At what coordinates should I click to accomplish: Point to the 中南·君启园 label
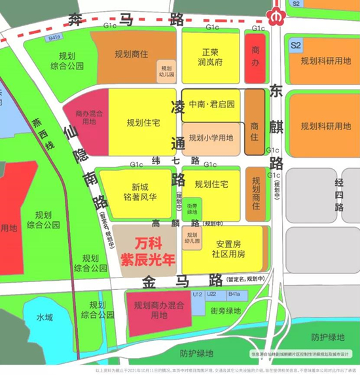click(212, 104)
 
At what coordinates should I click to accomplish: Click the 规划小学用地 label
click(211, 138)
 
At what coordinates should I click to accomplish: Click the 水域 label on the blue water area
click(44, 317)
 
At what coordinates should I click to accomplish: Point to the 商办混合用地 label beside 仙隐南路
click(86, 117)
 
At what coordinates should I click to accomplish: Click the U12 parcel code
click(196, 295)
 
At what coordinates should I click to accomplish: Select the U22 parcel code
click(211, 295)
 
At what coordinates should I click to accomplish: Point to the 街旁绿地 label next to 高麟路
click(192, 207)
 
